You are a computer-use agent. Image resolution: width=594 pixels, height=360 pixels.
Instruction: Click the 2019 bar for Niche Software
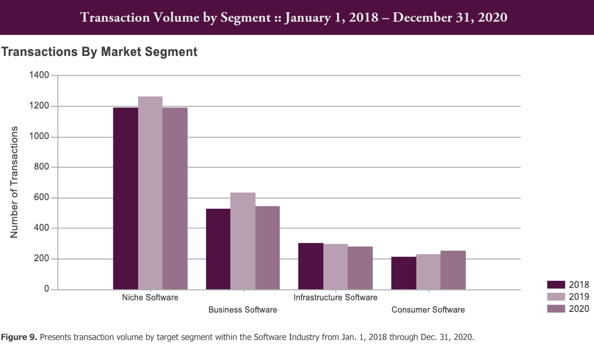click(x=150, y=193)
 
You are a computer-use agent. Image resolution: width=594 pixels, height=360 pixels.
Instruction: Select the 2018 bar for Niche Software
click(x=126, y=199)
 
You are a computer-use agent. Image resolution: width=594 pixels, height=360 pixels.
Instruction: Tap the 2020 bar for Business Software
click(x=267, y=248)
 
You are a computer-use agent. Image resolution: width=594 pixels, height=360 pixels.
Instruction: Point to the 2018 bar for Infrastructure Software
click(x=311, y=266)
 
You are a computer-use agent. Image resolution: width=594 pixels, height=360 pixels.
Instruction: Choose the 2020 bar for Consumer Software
click(x=453, y=270)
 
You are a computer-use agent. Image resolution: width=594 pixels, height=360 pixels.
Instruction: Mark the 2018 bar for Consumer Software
click(x=403, y=273)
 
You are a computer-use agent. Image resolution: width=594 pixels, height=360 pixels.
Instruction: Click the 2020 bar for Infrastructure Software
click(x=360, y=268)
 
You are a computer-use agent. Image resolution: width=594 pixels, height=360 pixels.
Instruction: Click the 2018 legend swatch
click(x=556, y=284)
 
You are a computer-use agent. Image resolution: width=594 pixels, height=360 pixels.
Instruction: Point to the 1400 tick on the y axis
click(x=39, y=76)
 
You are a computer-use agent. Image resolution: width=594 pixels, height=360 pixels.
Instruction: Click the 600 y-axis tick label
click(x=42, y=198)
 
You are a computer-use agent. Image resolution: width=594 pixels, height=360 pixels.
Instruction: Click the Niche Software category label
click(x=150, y=298)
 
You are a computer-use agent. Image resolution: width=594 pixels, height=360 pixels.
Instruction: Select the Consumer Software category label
click(x=428, y=310)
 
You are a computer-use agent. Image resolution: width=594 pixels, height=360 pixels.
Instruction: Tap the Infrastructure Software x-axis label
click(x=335, y=298)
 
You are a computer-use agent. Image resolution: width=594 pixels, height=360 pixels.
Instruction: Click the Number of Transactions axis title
click(x=15, y=182)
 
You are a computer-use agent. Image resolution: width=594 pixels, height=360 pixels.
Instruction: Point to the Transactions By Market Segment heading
click(x=99, y=51)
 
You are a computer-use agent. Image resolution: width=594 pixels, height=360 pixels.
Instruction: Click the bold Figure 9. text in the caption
click(x=19, y=338)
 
